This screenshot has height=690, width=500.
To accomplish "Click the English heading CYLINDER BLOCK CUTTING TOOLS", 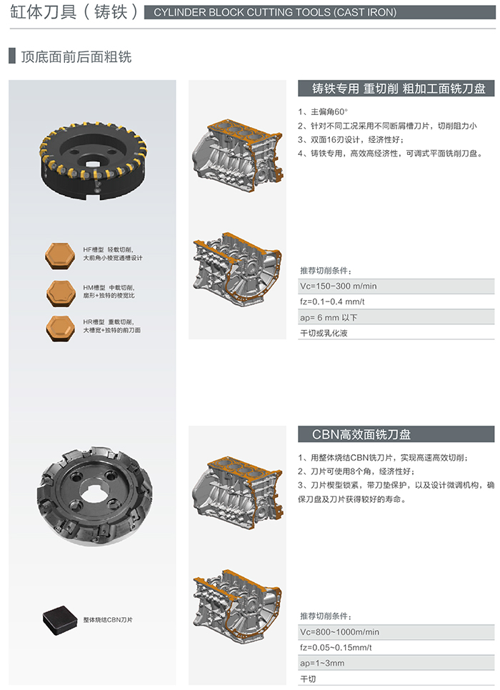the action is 275,12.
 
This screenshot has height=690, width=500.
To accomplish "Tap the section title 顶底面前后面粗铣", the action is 76,56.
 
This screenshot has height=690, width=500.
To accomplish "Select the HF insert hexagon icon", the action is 60,255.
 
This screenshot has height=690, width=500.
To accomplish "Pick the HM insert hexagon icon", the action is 61,293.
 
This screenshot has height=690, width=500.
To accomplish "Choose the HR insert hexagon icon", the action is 60,328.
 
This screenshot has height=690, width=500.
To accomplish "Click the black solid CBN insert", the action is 60,619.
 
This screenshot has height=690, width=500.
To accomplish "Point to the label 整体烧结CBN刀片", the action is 108,619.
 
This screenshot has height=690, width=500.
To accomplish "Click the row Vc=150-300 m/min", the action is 396,286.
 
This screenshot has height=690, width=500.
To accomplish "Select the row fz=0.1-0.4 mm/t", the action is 396,301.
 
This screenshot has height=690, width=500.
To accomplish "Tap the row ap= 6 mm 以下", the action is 396,317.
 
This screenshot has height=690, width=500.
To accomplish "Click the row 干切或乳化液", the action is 396,333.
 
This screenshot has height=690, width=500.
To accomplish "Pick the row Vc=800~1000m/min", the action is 396,632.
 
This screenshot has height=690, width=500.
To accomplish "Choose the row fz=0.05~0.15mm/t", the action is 396,647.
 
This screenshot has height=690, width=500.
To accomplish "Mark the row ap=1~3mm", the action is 396,663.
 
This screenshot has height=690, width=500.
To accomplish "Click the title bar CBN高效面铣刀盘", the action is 396,434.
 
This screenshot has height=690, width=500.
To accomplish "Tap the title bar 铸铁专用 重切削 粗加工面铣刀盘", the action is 396,89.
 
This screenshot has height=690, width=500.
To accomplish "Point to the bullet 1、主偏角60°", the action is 323,111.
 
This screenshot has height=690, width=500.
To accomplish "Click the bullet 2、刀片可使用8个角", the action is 356,471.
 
